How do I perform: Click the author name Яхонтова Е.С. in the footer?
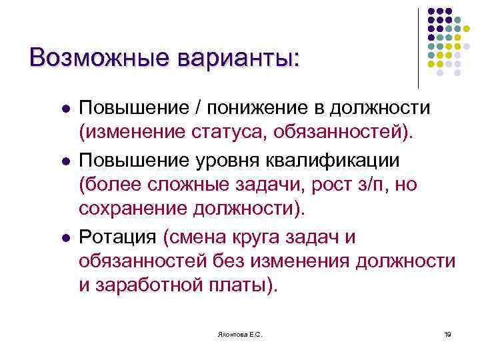pos(240,333)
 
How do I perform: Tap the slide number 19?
pos(447,333)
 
